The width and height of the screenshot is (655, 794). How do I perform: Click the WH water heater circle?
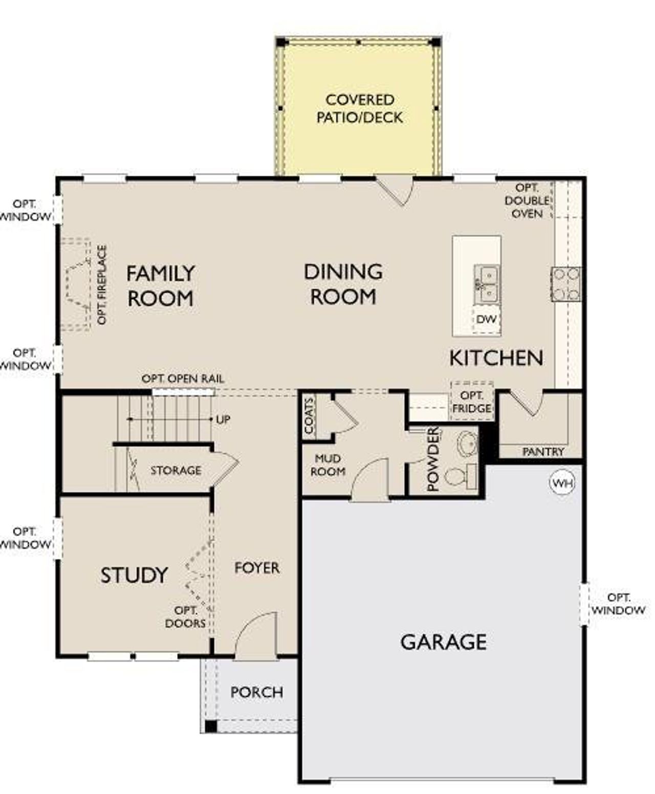point(562,483)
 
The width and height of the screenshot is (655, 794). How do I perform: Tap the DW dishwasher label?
point(486,319)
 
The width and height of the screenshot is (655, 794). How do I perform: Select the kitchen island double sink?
point(487,284)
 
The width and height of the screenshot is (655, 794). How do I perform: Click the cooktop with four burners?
point(566,284)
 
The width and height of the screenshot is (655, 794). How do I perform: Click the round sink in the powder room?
point(466,443)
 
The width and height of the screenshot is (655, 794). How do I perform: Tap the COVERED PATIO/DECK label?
point(359,108)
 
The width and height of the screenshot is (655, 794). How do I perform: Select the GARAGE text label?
point(443,642)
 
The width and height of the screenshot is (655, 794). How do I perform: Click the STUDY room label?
point(134,576)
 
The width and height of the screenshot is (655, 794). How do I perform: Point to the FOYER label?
point(257,568)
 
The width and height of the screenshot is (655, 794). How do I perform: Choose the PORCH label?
point(256,692)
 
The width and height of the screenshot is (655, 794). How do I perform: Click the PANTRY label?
point(543,452)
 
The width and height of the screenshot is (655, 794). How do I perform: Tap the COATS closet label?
point(309,416)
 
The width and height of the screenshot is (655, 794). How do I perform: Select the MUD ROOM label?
point(327,465)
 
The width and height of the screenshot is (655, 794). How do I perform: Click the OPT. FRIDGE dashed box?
point(472,402)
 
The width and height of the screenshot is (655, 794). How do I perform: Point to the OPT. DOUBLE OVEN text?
point(527,201)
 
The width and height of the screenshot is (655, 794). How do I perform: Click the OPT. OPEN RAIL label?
point(183,379)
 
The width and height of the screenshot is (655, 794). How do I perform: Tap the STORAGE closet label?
point(176,470)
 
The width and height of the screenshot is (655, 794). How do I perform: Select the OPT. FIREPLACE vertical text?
point(102,284)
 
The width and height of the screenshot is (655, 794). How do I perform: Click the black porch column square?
point(210,726)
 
